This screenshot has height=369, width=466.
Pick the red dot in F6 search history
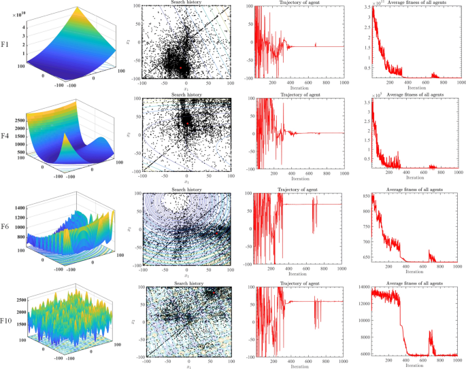point(216,232)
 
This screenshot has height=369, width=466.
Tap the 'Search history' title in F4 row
point(186,95)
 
